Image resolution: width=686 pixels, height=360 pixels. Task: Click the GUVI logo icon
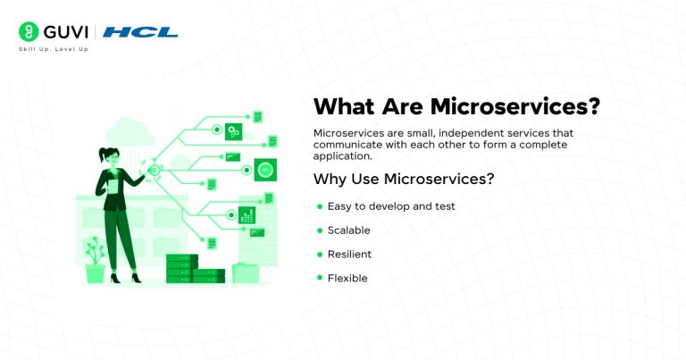(x=28, y=32)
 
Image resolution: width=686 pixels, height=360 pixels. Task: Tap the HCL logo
(x=140, y=32)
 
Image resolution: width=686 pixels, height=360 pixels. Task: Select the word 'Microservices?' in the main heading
(x=515, y=106)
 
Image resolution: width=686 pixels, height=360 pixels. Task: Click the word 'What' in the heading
(x=343, y=106)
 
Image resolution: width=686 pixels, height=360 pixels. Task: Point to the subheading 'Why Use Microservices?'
(x=404, y=179)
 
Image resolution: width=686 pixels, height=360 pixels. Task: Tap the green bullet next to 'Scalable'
(x=319, y=230)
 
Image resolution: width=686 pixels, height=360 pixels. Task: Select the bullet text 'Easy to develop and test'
(x=391, y=206)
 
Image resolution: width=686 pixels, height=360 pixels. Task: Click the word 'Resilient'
(x=349, y=255)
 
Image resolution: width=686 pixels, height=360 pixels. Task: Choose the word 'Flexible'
(x=347, y=279)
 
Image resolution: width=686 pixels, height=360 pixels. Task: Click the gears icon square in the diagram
(x=234, y=131)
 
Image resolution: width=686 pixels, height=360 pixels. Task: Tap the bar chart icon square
(x=247, y=214)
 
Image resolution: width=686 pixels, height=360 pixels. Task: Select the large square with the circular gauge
(x=264, y=169)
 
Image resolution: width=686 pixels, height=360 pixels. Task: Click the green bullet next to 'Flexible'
(x=319, y=279)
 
